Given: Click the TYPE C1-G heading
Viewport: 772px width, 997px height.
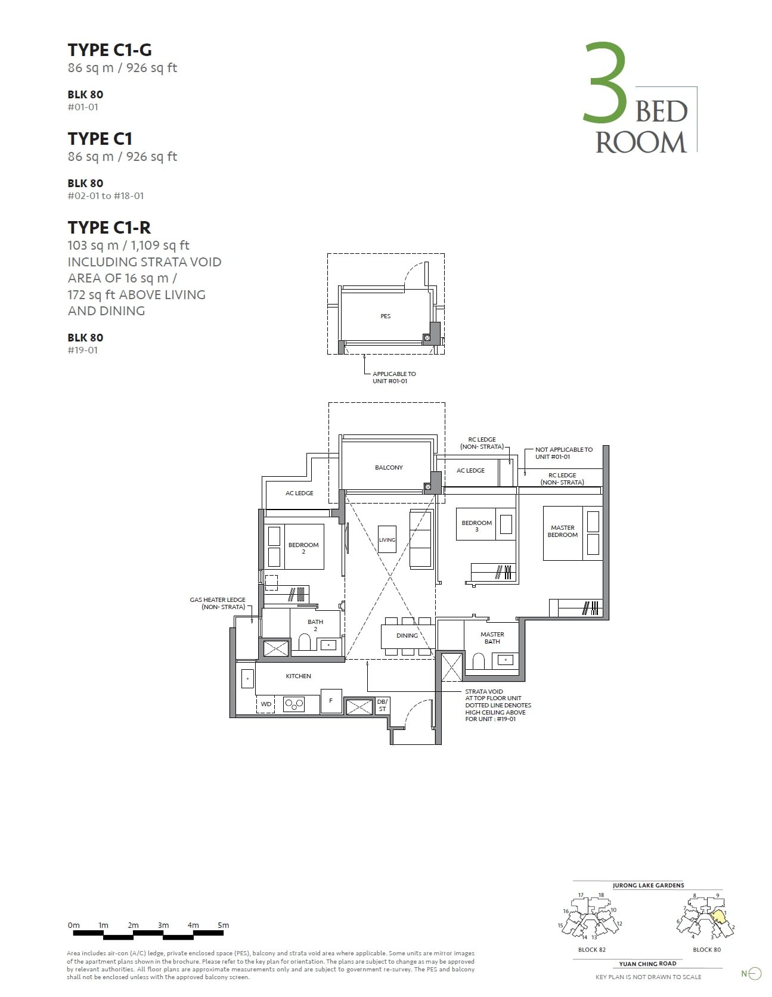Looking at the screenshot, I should tap(110, 49).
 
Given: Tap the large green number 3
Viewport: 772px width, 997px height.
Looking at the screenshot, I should tap(604, 82).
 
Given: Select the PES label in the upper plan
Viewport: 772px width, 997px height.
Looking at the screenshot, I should tap(386, 316).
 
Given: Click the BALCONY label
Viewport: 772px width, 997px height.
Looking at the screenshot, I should tap(389, 468).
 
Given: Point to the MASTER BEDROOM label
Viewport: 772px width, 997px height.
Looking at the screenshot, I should tap(563, 531).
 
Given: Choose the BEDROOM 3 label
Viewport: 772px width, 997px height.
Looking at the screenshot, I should tap(476, 526).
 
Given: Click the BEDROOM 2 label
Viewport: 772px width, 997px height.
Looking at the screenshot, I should tap(303, 548).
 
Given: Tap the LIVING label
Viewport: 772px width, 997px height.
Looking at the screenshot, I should tap(387, 540).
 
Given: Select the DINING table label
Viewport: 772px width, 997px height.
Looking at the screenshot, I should tap(407, 635).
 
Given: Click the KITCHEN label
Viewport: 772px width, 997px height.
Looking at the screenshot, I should tap(298, 676).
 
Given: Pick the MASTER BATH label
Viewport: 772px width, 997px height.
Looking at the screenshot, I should tap(492, 638).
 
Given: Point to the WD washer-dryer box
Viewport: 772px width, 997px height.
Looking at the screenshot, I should tap(266, 704).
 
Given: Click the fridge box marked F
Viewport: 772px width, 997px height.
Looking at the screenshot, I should tap(331, 701).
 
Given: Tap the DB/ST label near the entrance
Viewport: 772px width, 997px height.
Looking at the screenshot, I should tap(382, 705).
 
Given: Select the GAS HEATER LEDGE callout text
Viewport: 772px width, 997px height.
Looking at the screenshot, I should tap(218, 603).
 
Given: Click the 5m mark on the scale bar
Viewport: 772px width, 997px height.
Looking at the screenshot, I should tap(223, 925).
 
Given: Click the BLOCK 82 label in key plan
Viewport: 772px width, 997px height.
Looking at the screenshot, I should tap(591, 949).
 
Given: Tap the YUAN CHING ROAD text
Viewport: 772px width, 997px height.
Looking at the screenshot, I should tap(647, 963).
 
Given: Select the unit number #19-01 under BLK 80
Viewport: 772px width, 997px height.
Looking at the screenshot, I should tap(83, 350).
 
